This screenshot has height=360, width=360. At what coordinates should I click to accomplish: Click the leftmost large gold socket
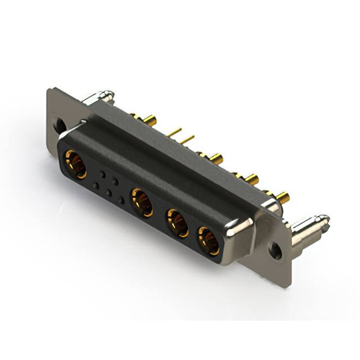click(75, 164)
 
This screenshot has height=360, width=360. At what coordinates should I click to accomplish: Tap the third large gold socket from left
click(178, 223)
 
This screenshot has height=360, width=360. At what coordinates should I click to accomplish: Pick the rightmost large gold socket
click(209, 241)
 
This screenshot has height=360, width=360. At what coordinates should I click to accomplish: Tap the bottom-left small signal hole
click(96, 185)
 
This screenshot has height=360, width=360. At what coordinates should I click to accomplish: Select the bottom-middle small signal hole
click(108, 192)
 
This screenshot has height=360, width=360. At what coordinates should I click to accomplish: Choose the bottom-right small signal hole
click(120, 200)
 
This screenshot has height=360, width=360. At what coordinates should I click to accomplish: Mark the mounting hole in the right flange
click(276, 249)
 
